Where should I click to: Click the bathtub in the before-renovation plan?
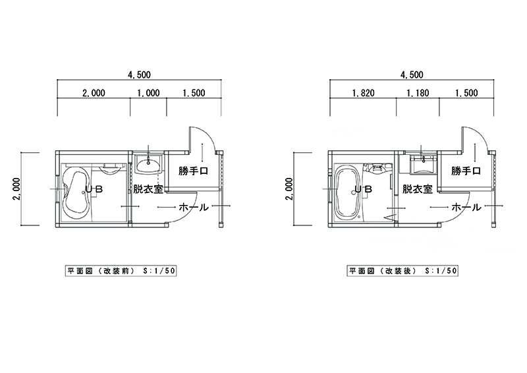pyautogui.click(x=76, y=193)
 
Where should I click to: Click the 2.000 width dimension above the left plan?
pyautogui.click(x=94, y=93)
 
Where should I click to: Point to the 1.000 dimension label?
pyautogui.click(x=149, y=93)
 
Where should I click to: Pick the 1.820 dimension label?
pyautogui.click(x=364, y=93)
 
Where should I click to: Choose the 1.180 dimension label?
pyautogui.click(x=418, y=93)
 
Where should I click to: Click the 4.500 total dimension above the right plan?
pyautogui.click(x=412, y=74)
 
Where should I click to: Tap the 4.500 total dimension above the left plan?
pyautogui.click(x=139, y=74)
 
